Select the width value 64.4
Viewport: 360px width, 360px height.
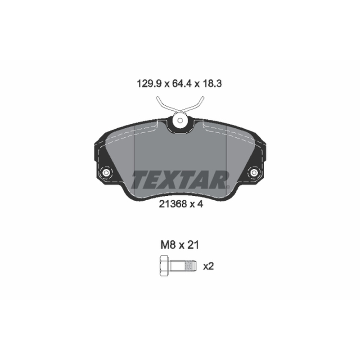coord(182,84)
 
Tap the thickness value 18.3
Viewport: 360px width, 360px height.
coord(212,84)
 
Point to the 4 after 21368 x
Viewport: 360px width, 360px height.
coord(200,204)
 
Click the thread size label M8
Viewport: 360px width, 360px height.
coord(168,245)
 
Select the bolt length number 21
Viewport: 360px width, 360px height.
coord(193,245)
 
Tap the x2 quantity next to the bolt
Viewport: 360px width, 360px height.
coord(208,266)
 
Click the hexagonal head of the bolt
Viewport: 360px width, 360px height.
coord(164,265)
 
